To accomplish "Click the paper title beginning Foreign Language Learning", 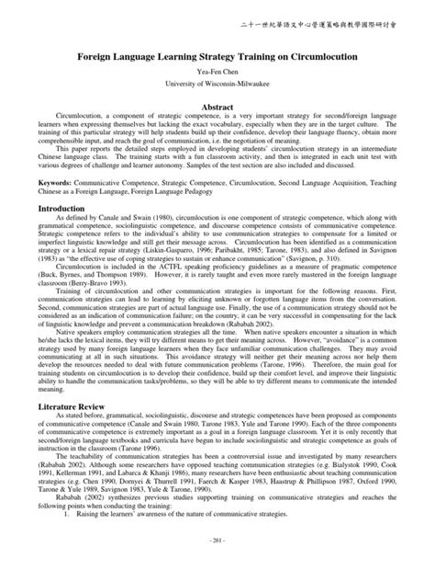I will click(x=217, y=56).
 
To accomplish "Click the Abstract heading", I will click(x=217, y=108).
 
